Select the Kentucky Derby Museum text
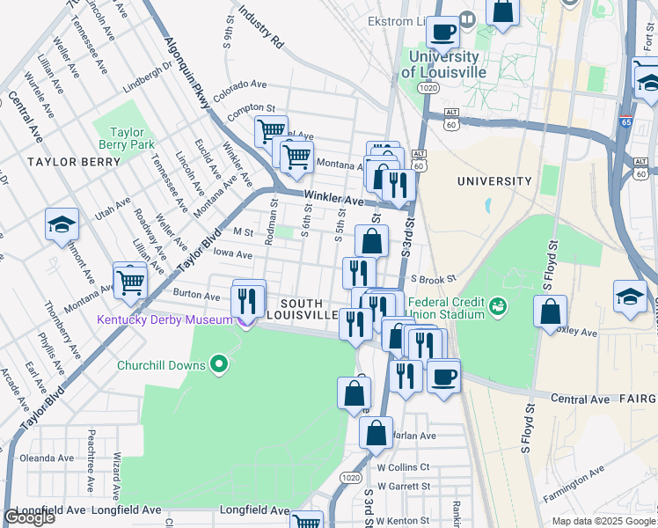pyautogui.click(x=164, y=319)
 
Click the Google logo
pyautogui.click(x=29, y=517)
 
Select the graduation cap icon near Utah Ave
pyautogui.click(x=62, y=225)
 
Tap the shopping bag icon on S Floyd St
pyautogui.click(x=550, y=312)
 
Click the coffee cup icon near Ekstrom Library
pyautogui.click(x=442, y=33)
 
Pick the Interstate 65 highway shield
pyautogui.click(x=625, y=124)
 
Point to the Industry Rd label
pyautogui.click(x=261, y=29)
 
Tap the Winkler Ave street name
pyautogui.click(x=333, y=200)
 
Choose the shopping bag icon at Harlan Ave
pyautogui.click(x=376, y=434)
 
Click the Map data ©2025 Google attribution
pyautogui.click(x=603, y=521)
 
